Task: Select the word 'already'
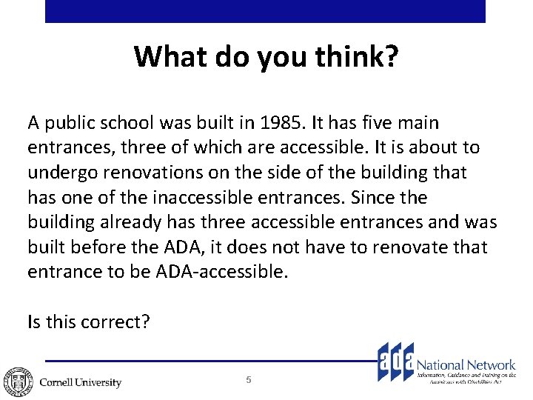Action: pos(125,223)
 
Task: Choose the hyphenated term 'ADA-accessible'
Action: pos(220,273)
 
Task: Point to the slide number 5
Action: pos(249,380)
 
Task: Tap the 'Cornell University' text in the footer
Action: pos(80,382)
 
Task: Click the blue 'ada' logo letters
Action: pos(395,362)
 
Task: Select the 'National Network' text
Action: pos(466,364)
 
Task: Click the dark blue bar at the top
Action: pos(265,11)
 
